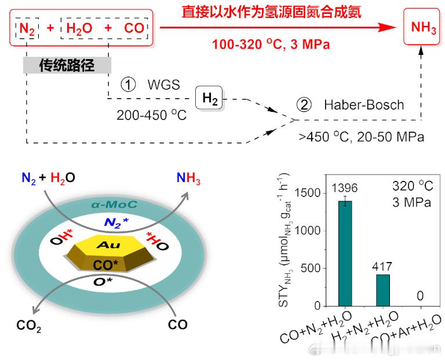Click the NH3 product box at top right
coord(424,28)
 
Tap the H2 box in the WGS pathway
coord(210,100)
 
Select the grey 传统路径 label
coord(67,64)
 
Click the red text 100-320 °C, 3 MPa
coord(271,44)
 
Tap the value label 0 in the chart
coord(420,296)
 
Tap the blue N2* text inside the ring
coord(116,222)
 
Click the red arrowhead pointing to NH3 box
coord(393,27)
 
